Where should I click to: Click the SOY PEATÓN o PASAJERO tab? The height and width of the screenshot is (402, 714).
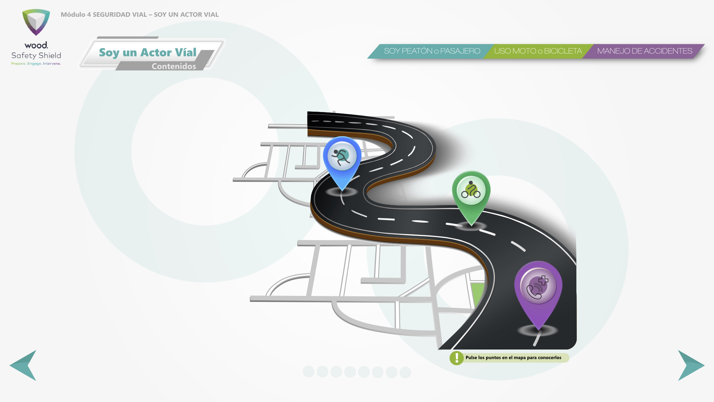pyautogui.click(x=432, y=51)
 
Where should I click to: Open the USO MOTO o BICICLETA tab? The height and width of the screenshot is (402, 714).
pyautogui.click(x=538, y=51)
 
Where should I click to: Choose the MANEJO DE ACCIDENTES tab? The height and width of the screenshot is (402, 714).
pyautogui.click(x=644, y=51)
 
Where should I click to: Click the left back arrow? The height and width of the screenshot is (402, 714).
pyautogui.click(x=23, y=366)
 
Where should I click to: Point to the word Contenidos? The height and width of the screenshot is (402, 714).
pyautogui.click(x=174, y=66)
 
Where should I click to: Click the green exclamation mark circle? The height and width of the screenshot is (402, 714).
pyautogui.click(x=457, y=358)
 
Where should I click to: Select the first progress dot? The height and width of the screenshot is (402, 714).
pyautogui.click(x=309, y=371)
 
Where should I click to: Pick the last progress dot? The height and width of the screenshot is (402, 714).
pyautogui.click(x=405, y=372)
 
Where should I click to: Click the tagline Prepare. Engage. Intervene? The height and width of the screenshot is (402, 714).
pyautogui.click(x=36, y=64)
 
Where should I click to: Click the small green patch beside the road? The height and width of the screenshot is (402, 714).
pyautogui.click(x=477, y=294)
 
